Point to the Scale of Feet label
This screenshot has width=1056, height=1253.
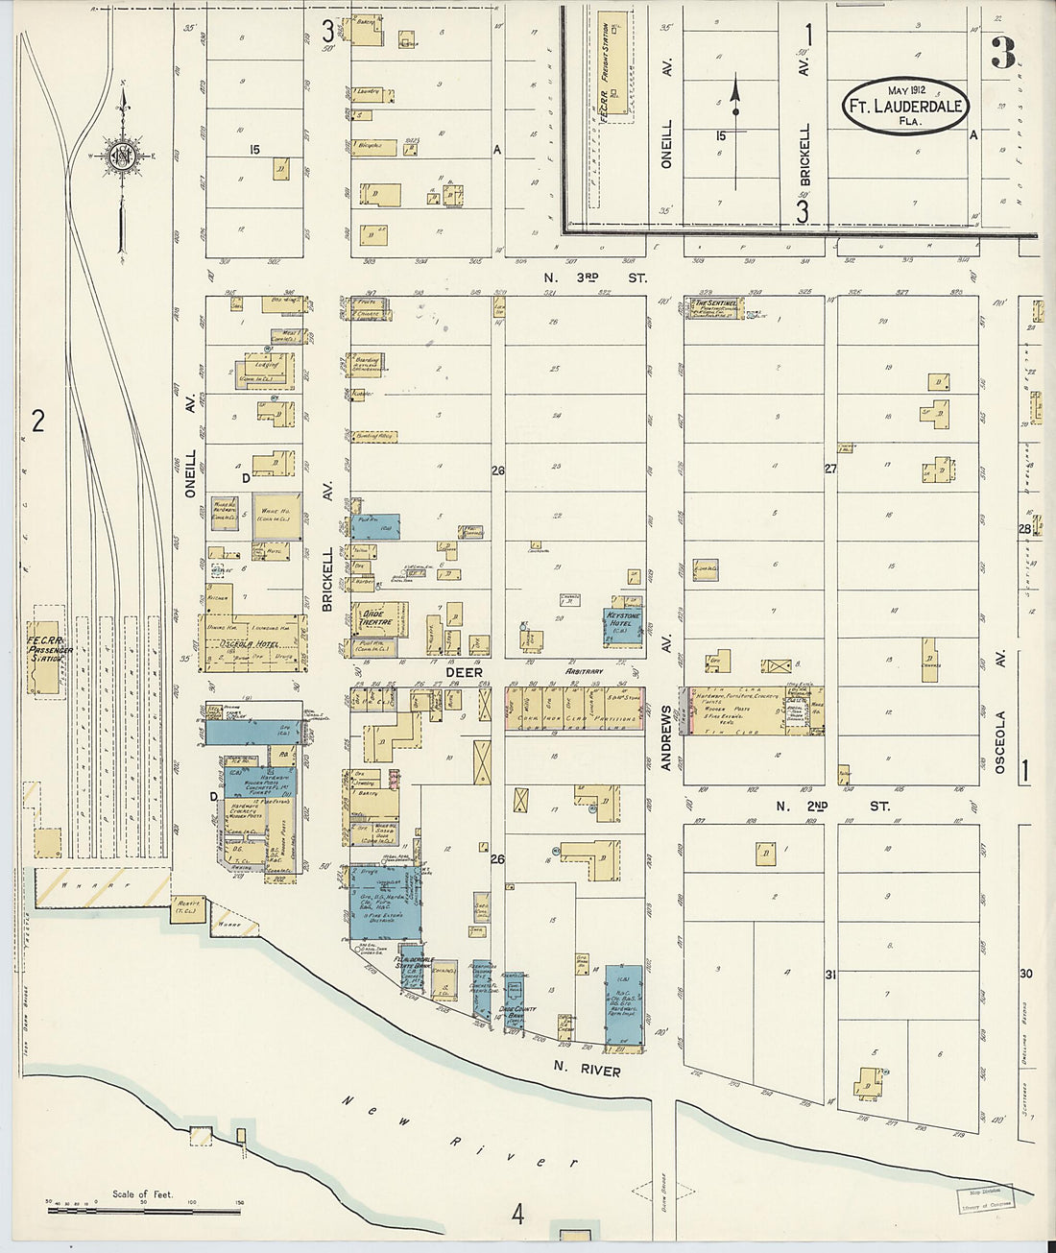tap(142, 1193)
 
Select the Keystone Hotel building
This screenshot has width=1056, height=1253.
tap(623, 626)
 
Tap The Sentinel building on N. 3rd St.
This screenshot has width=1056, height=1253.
tap(715, 307)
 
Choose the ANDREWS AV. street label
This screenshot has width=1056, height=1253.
tap(664, 739)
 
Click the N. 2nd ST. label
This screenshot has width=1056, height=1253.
tap(833, 806)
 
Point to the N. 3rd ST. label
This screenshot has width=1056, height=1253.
tap(589, 277)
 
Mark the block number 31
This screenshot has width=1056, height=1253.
tap(830, 975)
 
